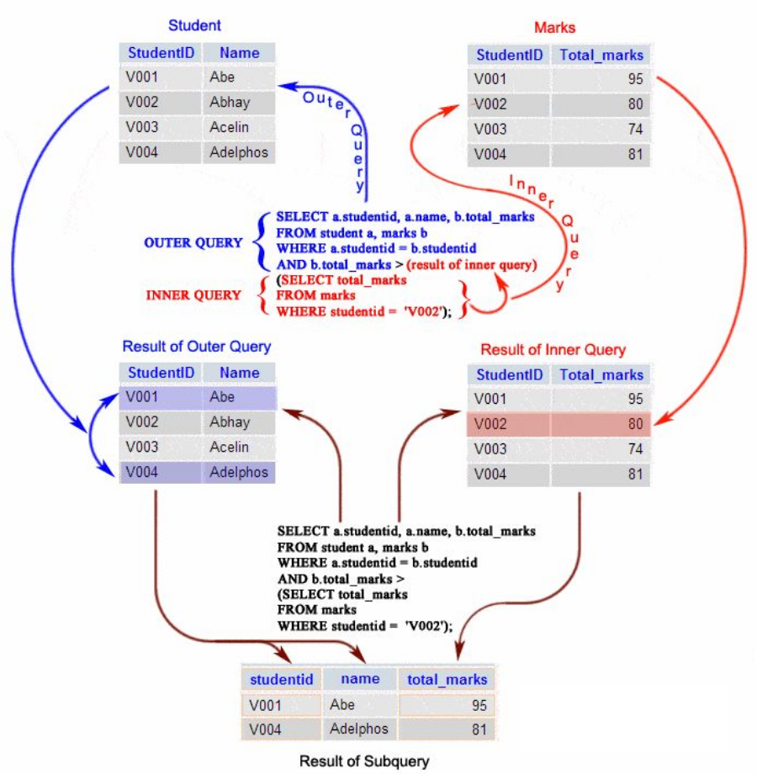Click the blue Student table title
(x=195, y=25)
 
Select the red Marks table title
(x=555, y=28)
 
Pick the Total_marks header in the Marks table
(x=601, y=56)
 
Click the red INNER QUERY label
(x=193, y=295)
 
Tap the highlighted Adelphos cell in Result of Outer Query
(x=239, y=472)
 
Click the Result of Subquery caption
(x=364, y=761)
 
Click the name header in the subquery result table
(x=360, y=679)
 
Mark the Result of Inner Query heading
(x=553, y=349)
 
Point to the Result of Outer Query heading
(x=197, y=347)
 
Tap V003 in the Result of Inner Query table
(x=491, y=449)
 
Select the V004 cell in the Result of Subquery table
(x=266, y=729)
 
